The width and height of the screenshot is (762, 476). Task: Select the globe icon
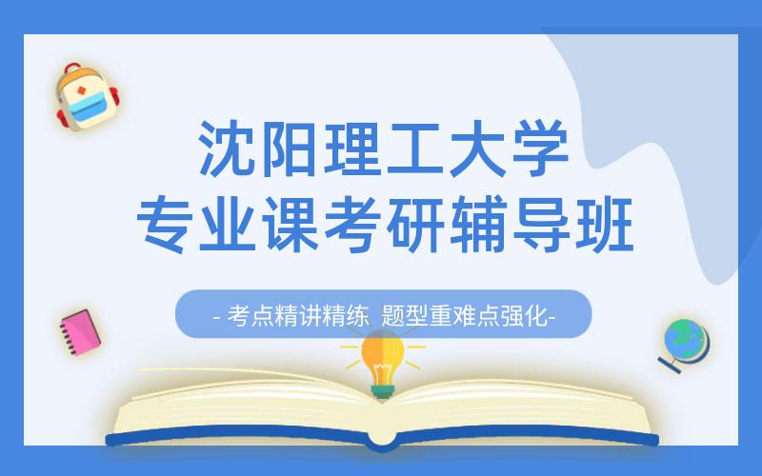tap(686, 344)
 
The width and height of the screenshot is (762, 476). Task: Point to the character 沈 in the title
tap(226, 149)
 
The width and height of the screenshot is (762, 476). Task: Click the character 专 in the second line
tap(164, 225)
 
